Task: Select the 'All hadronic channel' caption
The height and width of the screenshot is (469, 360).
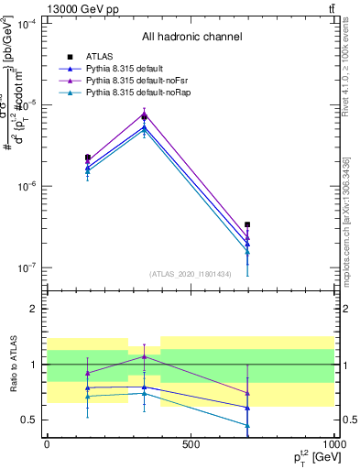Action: point(191,38)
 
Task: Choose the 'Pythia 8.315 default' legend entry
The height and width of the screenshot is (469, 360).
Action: point(129,70)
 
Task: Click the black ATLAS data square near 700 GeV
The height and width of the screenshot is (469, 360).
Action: point(247,224)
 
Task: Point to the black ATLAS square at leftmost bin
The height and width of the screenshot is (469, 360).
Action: point(88,158)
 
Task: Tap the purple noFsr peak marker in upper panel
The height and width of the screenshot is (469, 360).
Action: point(144,115)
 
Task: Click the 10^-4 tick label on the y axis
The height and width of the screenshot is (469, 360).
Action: point(27,24)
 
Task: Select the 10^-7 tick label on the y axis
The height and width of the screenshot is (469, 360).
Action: point(27,268)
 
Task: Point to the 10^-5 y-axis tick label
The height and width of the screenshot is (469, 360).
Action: point(27,105)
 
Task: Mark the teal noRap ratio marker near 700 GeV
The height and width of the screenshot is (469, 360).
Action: point(247,425)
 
